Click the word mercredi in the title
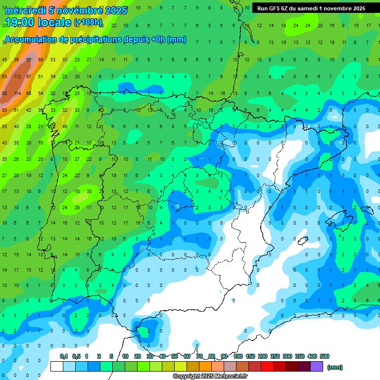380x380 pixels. [25, 10]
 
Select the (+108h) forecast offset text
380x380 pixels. [88, 22]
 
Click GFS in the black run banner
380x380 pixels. [277, 8]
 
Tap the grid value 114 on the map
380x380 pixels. [17, 93]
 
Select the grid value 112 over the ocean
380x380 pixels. [17, 77]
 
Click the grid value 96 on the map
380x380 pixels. [29, 60]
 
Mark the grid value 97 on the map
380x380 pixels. [29, 77]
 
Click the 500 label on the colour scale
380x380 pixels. [325, 356]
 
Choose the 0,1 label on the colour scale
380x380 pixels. [64, 356]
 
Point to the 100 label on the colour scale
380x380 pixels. [237, 356]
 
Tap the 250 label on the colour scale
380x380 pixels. [275, 356]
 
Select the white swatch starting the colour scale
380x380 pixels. [56, 366]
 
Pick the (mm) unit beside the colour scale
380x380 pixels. [335, 367]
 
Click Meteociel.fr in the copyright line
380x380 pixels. [231, 376]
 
